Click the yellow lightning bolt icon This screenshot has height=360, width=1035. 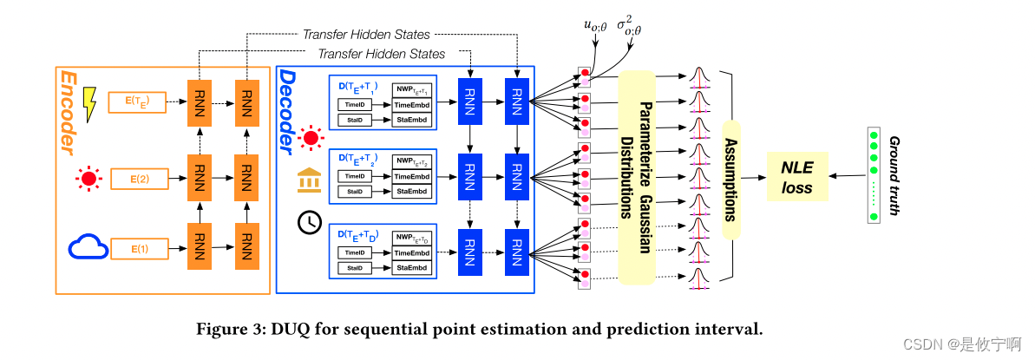pyautogui.click(x=88, y=105)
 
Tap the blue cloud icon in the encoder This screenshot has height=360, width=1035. pyautogui.click(x=88, y=249)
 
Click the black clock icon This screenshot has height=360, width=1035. pyautogui.click(x=309, y=222)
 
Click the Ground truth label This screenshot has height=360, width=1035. pyautogui.click(x=894, y=174)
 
